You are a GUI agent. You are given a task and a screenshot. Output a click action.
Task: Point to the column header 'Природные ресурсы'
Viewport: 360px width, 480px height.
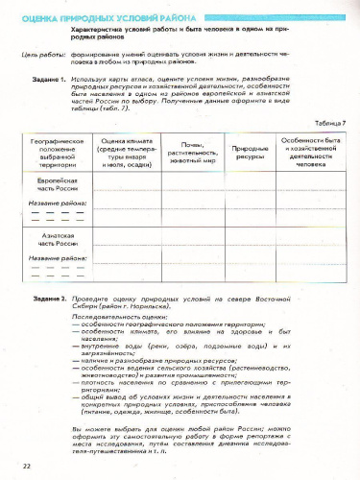tap(251, 152)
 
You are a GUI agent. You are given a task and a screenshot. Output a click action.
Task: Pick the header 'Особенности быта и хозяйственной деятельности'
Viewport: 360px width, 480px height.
tap(312, 152)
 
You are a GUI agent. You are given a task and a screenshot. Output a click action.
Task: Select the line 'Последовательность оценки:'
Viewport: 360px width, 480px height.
tap(110, 316)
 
